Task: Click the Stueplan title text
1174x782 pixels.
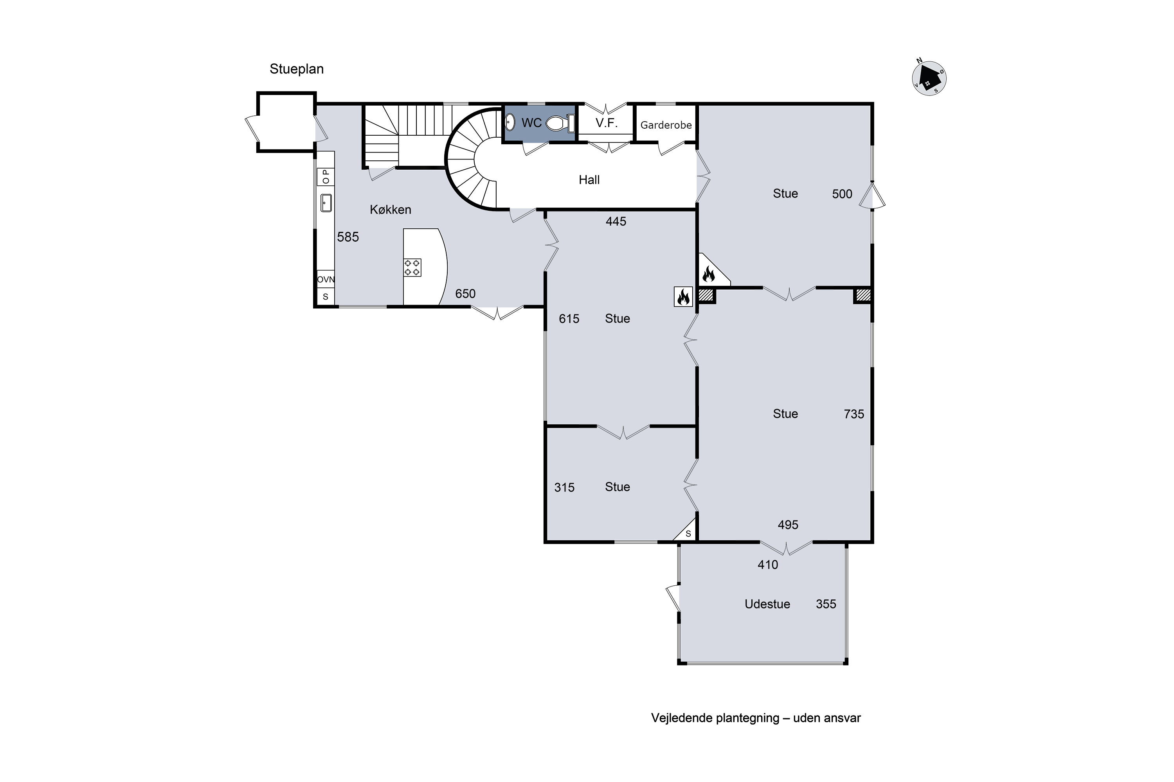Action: pos(297,69)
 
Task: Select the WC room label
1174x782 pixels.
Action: pos(531,123)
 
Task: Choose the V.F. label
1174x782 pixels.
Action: pos(607,123)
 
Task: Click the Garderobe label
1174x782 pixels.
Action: pos(666,125)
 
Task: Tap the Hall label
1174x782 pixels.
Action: pos(589,180)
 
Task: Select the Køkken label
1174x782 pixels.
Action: pos(390,210)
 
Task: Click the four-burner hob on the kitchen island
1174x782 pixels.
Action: pos(412,267)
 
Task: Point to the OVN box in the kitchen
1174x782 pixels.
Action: pos(326,279)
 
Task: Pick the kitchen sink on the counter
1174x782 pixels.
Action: pos(326,203)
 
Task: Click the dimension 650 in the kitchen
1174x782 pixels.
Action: pos(465,294)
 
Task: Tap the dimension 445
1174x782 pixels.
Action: pos(616,221)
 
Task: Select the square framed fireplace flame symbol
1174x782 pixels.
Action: pos(683,297)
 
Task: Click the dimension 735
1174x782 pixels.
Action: pos(854,414)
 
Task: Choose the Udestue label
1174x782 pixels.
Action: pos(767,604)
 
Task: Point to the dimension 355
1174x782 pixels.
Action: pos(826,604)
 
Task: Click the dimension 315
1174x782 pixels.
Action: pos(565,488)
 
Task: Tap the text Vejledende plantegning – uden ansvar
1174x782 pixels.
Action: pos(756,718)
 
